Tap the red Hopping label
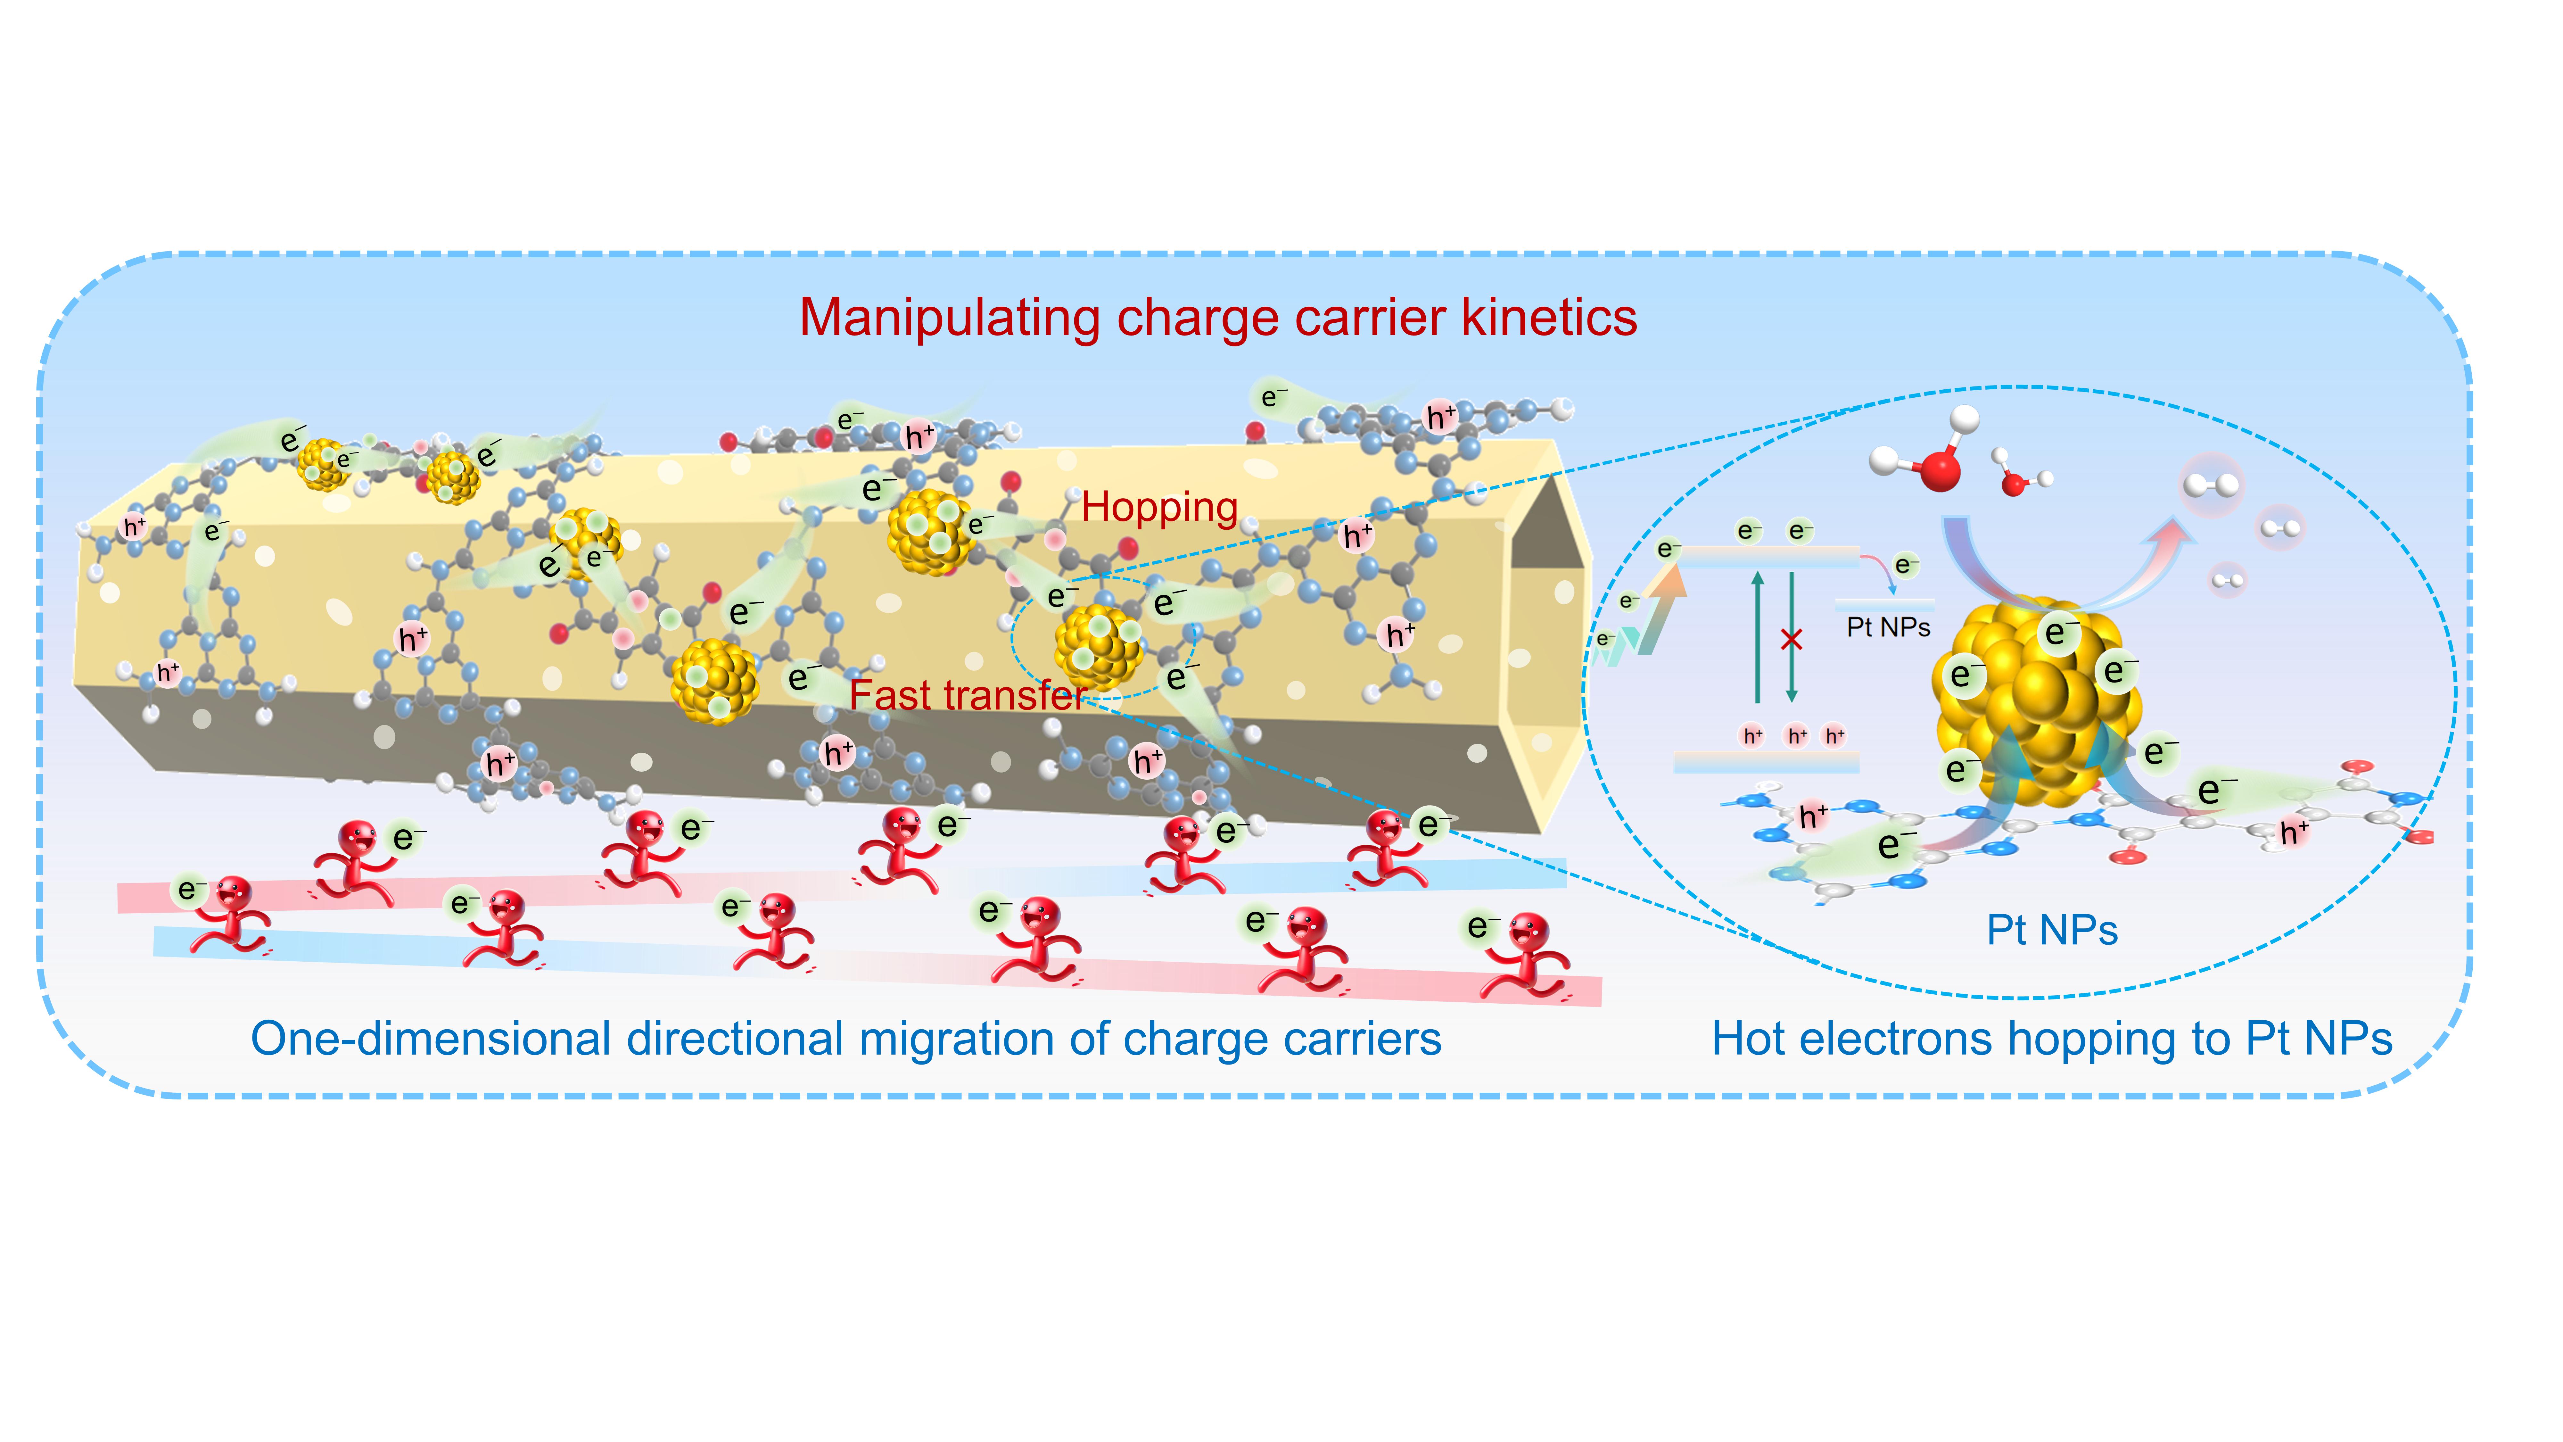[1159, 508]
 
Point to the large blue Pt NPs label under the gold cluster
[2052, 931]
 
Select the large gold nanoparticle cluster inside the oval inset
[2035, 701]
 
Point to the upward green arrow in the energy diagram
[1758, 637]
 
